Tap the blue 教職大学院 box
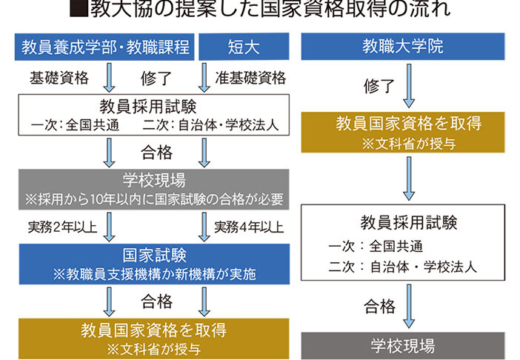(407, 47)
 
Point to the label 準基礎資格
(250, 78)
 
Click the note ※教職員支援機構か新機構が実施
(156, 274)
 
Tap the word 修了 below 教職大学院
(379, 86)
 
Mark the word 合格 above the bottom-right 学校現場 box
(379, 307)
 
